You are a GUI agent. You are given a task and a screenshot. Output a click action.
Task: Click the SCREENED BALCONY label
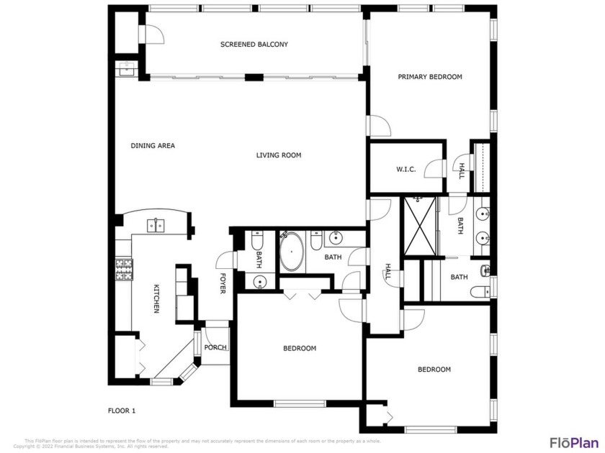pos(254,45)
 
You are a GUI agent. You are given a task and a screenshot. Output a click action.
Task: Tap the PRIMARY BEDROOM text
pos(430,77)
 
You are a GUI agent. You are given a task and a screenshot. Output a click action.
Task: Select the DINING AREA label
pos(153,146)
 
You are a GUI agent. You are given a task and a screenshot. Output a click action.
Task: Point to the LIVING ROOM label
pos(279,155)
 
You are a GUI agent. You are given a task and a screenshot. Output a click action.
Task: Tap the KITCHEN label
pos(156,298)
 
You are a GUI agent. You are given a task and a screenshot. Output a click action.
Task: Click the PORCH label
pos(215,348)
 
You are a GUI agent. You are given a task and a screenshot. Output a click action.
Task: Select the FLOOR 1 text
pos(121,411)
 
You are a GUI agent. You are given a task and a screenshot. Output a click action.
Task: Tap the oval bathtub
pos(292,253)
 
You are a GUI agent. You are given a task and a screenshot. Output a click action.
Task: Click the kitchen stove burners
pos(123,271)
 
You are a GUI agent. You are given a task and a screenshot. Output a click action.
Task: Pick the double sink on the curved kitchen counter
pos(156,226)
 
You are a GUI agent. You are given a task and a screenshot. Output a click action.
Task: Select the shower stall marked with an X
pos(418,226)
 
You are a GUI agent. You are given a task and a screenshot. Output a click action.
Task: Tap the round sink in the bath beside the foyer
pos(259,280)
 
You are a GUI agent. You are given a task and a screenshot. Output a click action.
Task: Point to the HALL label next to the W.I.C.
pos(462,170)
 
